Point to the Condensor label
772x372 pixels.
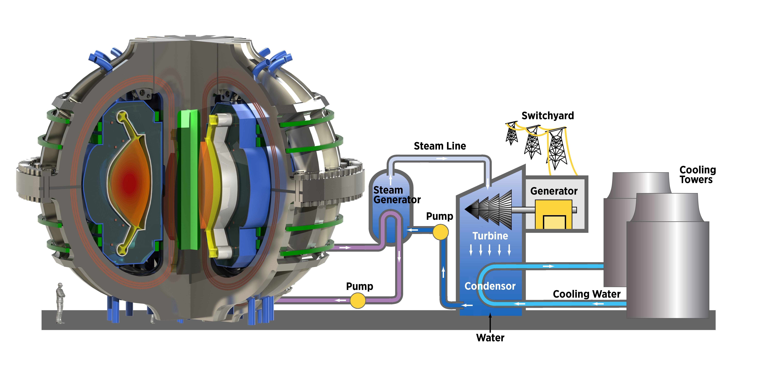[x=490, y=286]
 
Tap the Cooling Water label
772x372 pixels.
[x=586, y=294]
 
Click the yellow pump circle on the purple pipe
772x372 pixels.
[x=358, y=300]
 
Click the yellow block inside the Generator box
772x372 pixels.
[x=554, y=214]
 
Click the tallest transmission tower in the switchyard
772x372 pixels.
[x=556, y=148]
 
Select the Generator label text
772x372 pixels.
[x=554, y=191]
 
